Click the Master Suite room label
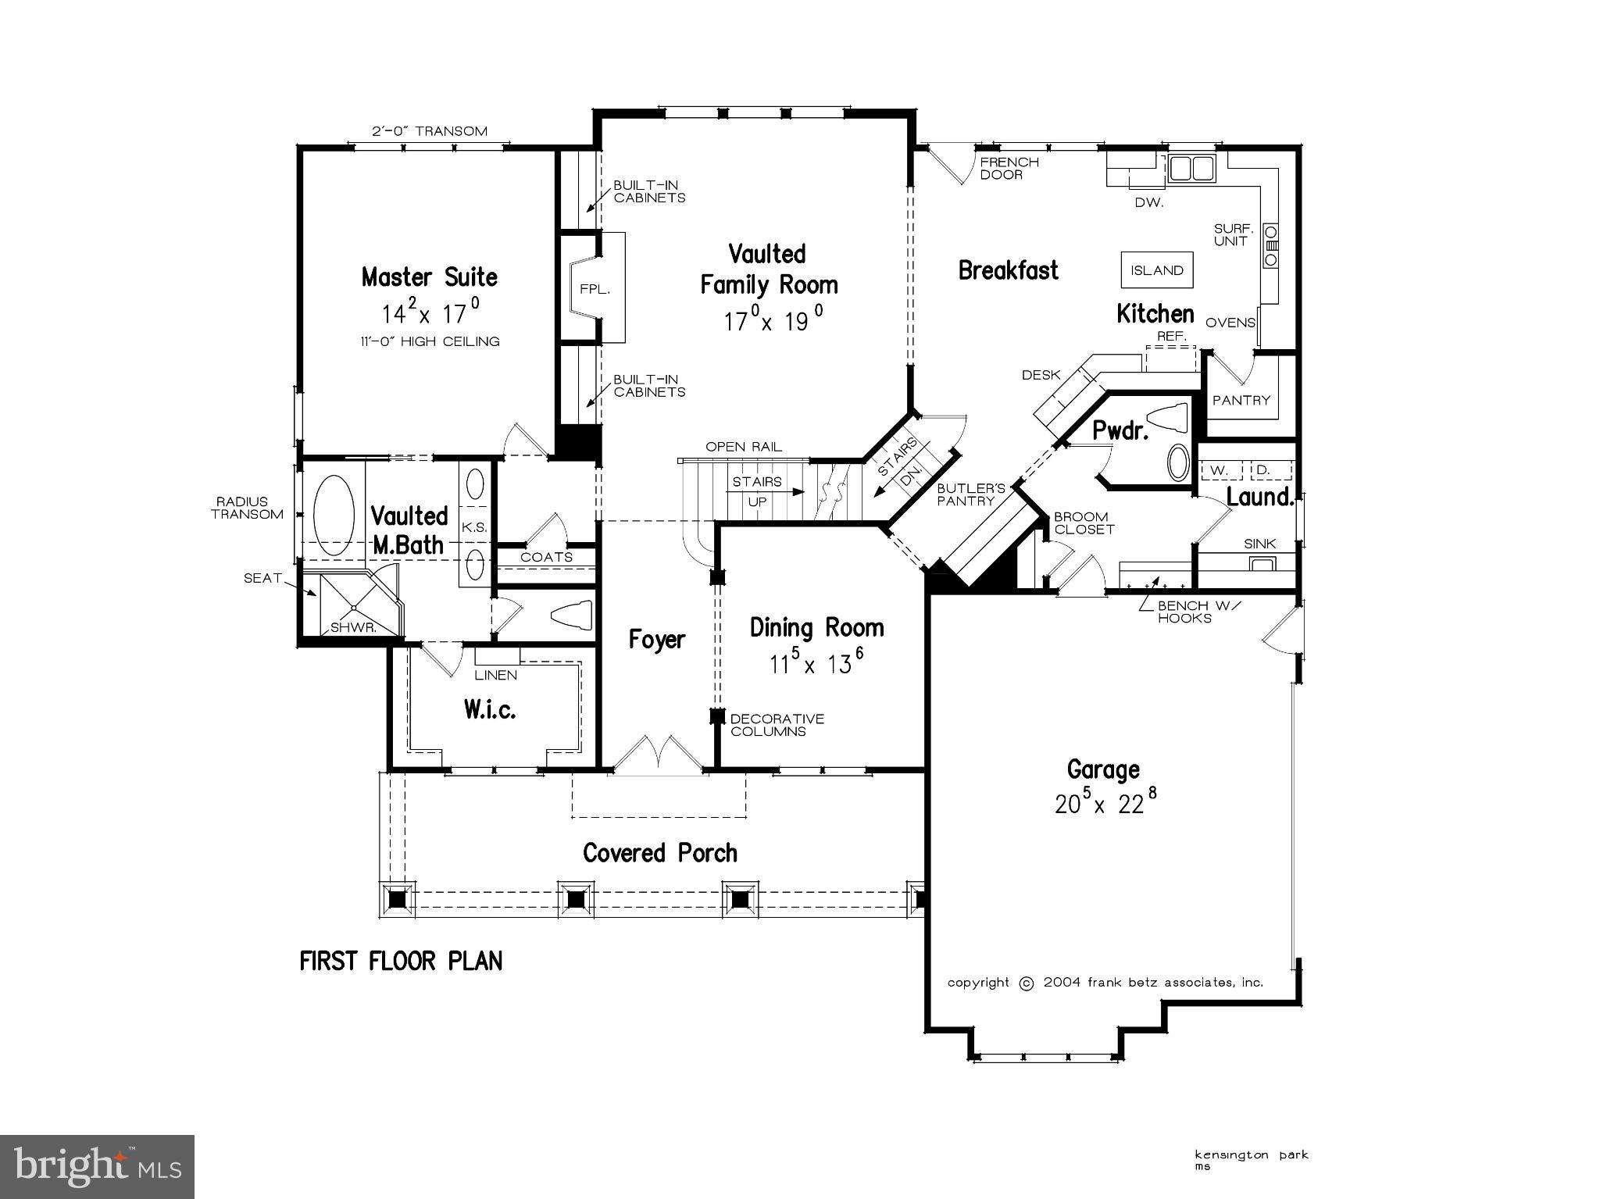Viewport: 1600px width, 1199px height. (x=429, y=277)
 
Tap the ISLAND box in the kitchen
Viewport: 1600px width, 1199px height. (x=1157, y=271)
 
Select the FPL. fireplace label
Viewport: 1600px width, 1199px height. (x=594, y=289)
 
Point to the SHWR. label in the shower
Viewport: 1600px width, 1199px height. (x=352, y=627)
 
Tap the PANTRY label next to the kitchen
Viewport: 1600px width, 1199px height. (x=1241, y=400)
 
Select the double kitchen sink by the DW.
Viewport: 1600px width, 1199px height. (x=1191, y=168)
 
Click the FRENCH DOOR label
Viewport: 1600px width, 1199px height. (x=1009, y=168)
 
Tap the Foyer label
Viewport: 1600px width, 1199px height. (x=656, y=641)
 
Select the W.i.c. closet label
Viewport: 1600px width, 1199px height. (x=489, y=709)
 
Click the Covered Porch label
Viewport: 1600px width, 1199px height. (x=660, y=853)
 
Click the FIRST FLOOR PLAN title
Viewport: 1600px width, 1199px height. (x=401, y=961)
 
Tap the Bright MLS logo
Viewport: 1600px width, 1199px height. (x=97, y=1166)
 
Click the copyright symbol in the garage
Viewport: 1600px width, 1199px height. (x=1027, y=983)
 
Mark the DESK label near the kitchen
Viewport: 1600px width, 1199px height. (x=1041, y=376)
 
